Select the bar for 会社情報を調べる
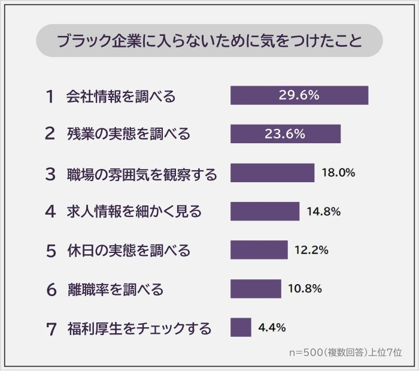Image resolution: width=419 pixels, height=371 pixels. tap(299, 95)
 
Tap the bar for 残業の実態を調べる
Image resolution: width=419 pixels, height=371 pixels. tap(286, 134)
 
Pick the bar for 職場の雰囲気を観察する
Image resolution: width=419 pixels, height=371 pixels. tap(272, 173)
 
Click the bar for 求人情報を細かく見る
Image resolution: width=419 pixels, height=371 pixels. tap(265, 211)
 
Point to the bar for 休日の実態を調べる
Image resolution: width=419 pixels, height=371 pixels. tap(259, 250)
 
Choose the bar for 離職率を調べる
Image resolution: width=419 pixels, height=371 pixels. tap(256, 288)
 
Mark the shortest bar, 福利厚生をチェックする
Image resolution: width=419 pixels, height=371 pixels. tap(241, 327)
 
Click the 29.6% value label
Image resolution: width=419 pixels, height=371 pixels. tap(299, 95)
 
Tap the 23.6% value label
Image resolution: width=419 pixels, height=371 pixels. tap(286, 134)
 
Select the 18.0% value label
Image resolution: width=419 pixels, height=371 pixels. tap(338, 173)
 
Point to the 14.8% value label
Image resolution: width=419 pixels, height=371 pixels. tap(323, 211)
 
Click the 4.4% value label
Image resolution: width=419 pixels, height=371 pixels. tap(272, 327)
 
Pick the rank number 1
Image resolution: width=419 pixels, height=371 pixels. tap(50, 96)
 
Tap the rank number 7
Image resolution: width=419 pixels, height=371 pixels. tap(50, 328)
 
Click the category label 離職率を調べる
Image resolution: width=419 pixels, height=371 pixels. tap(115, 290)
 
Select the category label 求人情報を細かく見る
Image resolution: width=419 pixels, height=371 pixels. tap(134, 212)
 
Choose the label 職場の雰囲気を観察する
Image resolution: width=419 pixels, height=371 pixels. tap(142, 173)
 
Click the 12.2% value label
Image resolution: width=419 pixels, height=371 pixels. tap(311, 250)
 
